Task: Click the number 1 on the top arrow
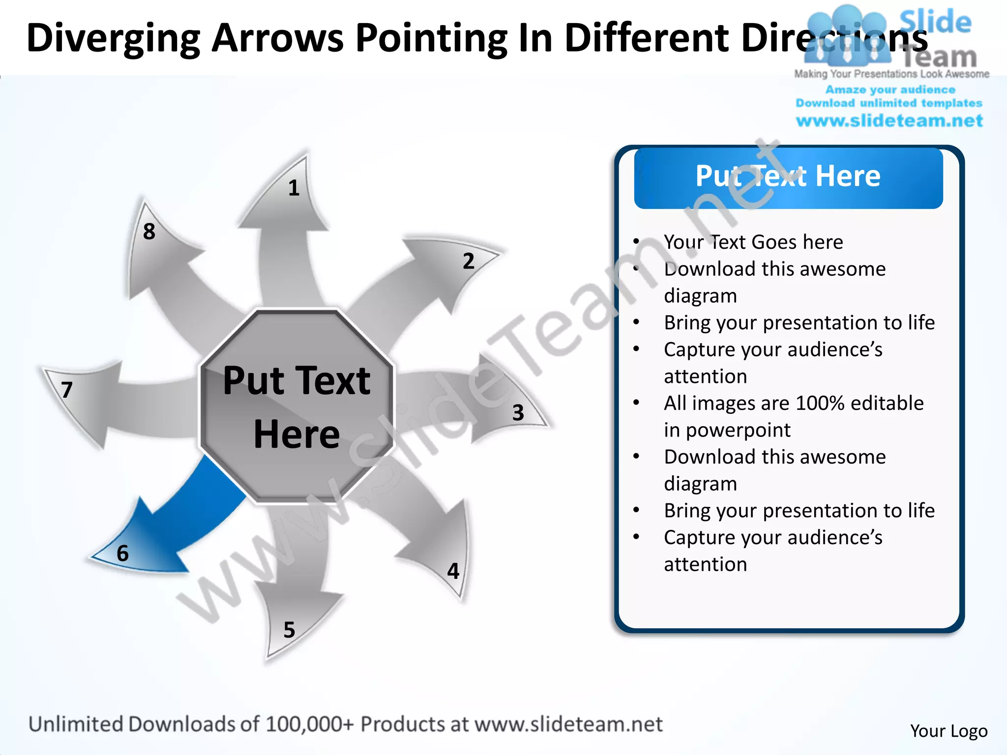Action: coord(294,188)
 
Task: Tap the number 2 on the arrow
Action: coord(469,261)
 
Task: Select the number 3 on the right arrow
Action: coord(518,413)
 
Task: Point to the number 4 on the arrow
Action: coord(453,571)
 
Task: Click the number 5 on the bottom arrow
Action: coord(289,630)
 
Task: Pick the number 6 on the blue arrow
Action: coord(122,553)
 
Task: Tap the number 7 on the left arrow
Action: coord(67,390)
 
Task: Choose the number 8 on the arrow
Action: coord(149,232)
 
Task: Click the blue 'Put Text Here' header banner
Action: coord(788,177)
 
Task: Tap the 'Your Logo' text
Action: coord(948,731)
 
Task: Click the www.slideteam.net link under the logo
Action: coord(889,120)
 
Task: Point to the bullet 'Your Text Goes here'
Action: coord(753,242)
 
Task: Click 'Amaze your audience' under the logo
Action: coord(890,89)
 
